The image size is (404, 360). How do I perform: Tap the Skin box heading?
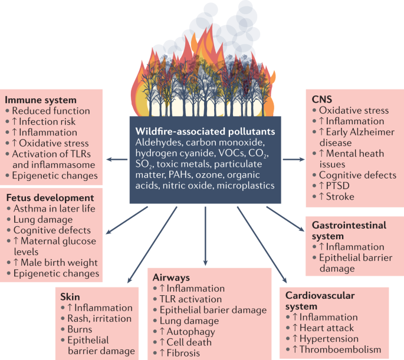tap(70, 296)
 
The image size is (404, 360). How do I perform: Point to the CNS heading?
tap(321, 99)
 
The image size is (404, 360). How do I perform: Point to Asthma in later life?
tap(55, 209)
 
